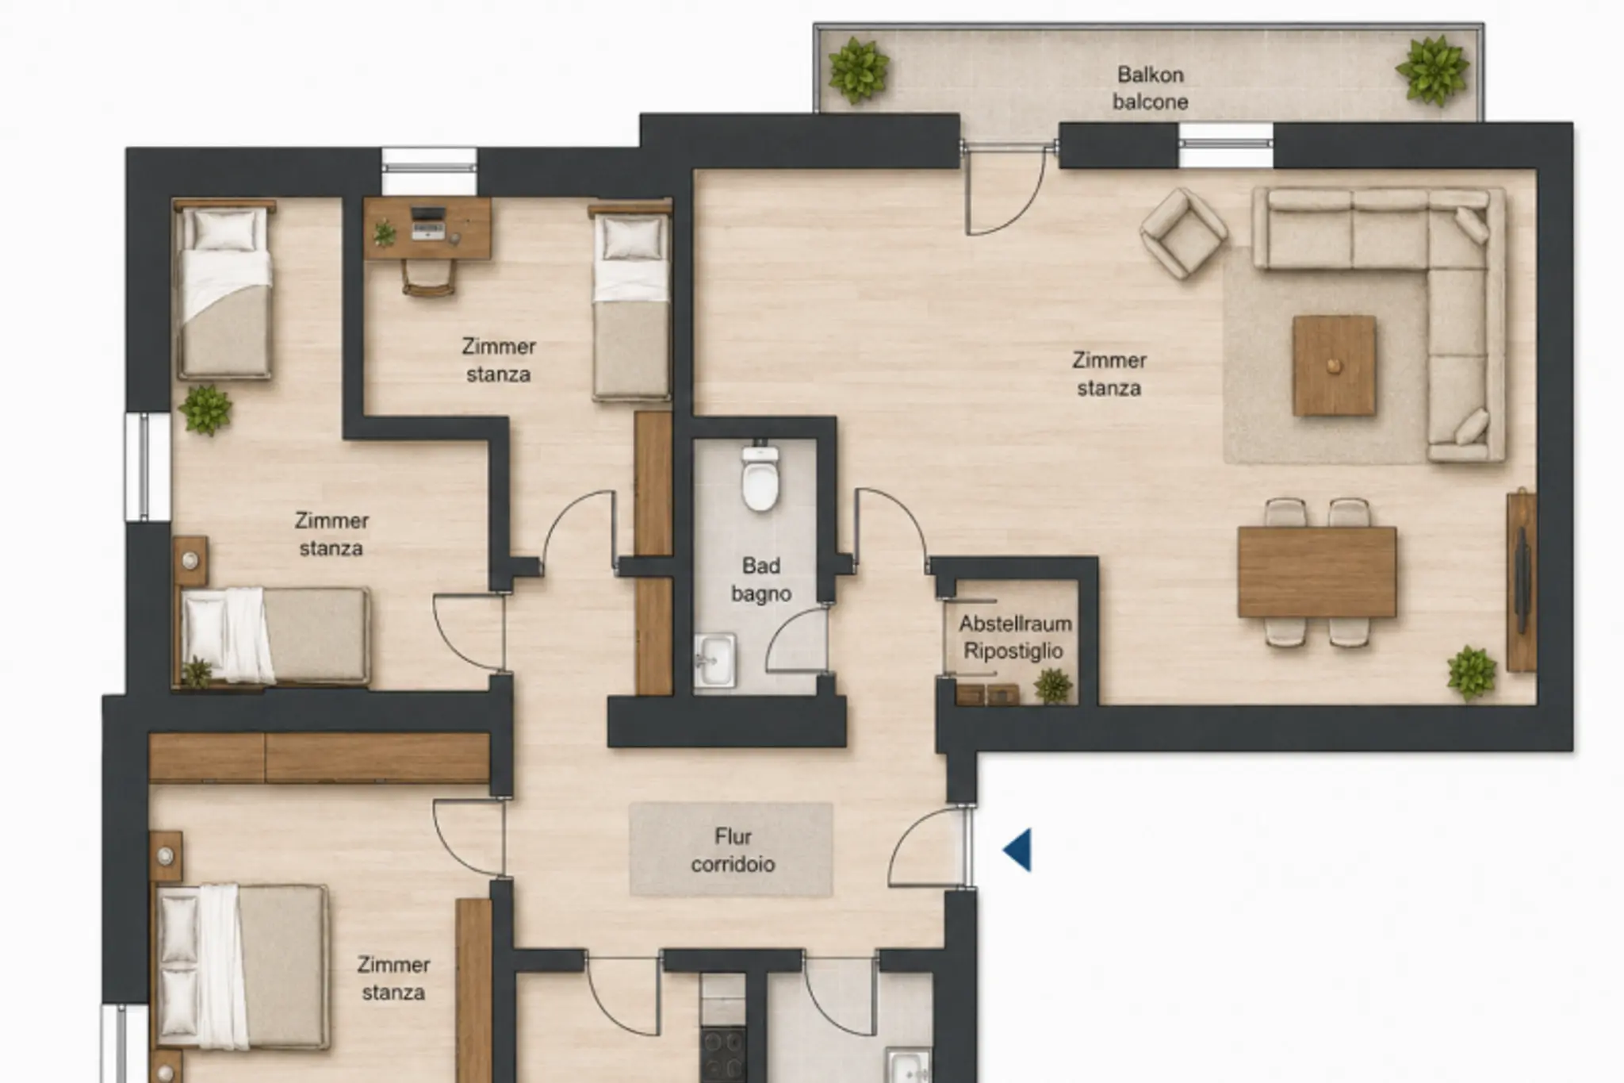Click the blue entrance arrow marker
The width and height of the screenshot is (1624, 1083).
1018,850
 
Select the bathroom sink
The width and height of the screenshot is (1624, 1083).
715,659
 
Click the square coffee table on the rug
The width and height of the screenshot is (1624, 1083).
1334,366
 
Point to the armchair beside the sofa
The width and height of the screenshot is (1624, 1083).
1183,233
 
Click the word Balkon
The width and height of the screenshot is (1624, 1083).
1151,75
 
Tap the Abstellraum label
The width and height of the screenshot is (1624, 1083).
1015,624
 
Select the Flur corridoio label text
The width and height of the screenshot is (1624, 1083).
733,850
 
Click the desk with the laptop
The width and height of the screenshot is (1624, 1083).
427,229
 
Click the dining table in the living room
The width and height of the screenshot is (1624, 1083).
1317,572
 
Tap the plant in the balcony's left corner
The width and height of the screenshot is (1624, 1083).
858,71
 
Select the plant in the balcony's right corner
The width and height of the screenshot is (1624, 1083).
1432,70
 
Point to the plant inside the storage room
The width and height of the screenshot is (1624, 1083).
1053,686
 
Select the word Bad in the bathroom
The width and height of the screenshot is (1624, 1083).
761,566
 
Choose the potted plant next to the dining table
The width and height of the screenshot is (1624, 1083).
1472,673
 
